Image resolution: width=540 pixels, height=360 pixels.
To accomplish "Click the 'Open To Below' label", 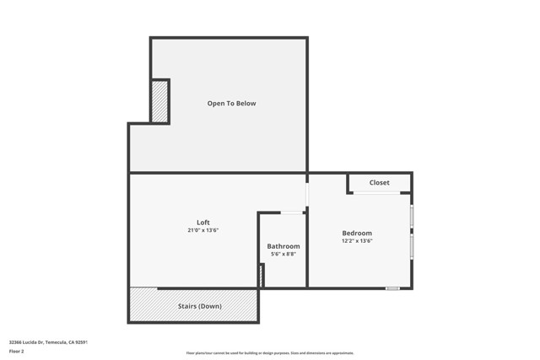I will coord(231,104).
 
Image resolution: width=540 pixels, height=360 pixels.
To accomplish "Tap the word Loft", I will coord(202,223).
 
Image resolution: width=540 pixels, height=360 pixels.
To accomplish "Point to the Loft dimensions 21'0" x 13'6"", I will coord(202,230).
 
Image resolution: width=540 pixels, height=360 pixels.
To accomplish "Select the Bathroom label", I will coord(283,246).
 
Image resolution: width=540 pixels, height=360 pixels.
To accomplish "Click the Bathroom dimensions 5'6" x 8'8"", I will coord(283,254).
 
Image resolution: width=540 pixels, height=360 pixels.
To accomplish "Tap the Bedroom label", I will coord(357,233).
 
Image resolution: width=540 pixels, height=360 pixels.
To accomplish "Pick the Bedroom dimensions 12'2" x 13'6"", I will coord(357,241).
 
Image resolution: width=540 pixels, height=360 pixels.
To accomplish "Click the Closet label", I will coord(379,183).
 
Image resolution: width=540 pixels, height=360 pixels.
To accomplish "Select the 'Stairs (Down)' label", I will coord(199,306).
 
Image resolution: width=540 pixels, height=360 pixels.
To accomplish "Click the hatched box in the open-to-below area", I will coord(159,101).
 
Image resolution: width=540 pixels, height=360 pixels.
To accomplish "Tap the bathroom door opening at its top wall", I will coord(292,212).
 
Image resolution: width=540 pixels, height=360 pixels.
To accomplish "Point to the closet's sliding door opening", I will coord(376,193).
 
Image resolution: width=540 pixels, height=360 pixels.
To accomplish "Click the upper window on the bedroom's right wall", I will coord(412,217).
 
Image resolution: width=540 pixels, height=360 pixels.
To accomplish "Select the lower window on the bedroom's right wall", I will coord(412,246).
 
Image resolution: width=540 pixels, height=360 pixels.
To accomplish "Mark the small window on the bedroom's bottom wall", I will coord(392,288).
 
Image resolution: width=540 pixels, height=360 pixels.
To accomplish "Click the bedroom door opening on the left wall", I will coord(307,194).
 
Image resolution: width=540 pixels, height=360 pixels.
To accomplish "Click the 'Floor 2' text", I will coord(17,351).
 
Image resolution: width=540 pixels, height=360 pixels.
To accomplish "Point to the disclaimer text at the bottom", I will coord(270,353).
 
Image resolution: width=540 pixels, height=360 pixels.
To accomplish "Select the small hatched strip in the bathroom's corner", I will coord(262,275).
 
